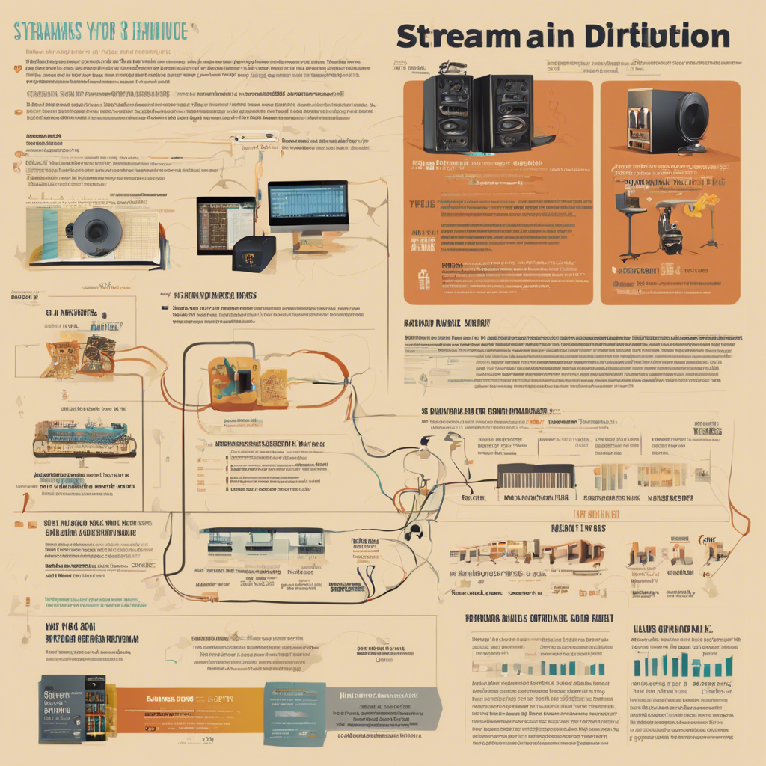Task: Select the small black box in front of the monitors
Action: pos(253,255)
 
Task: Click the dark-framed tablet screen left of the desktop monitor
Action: pos(225,224)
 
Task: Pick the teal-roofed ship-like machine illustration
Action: pos(84,439)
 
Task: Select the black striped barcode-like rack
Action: pos(536,477)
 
